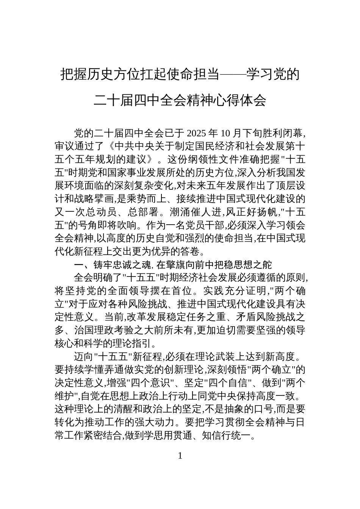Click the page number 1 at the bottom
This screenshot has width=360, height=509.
(x=180, y=456)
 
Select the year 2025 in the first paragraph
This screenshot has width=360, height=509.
(x=196, y=133)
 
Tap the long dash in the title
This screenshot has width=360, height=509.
(x=233, y=74)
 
